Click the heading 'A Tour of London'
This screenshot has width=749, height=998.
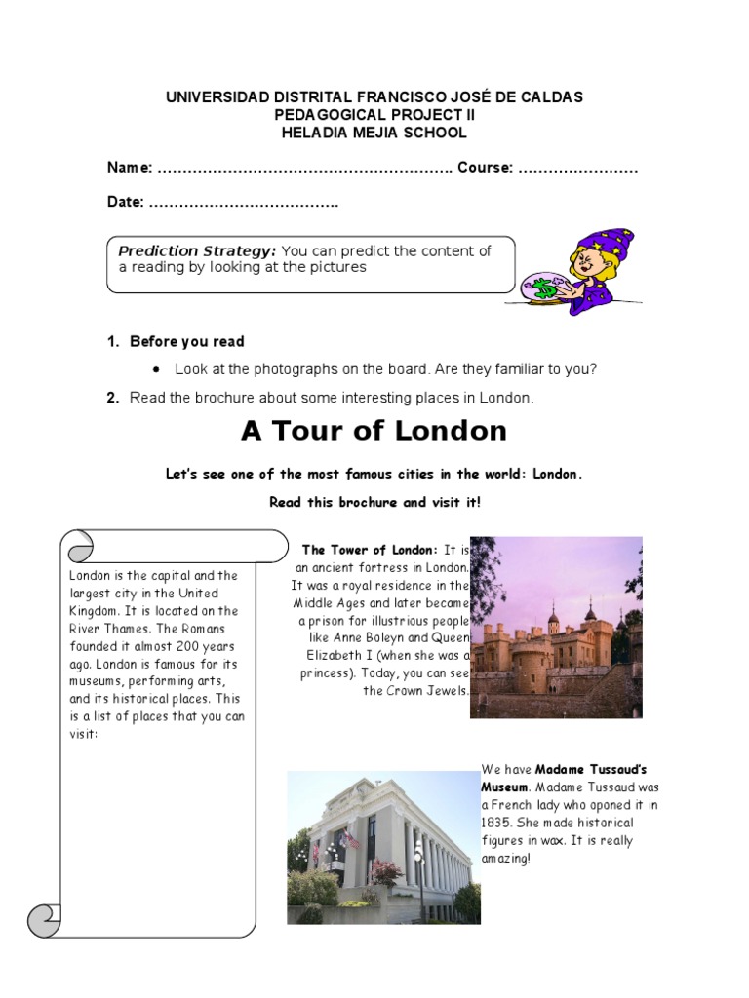click(374, 431)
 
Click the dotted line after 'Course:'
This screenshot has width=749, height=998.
click(577, 169)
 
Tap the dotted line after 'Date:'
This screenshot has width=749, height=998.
click(243, 203)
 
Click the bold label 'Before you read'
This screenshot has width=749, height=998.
click(187, 342)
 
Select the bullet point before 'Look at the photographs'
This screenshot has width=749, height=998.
click(155, 370)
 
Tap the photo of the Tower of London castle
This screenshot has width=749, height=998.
click(556, 627)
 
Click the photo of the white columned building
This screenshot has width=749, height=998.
click(383, 847)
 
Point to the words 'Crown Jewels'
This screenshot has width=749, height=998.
click(429, 691)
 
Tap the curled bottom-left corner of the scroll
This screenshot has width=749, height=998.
click(45, 919)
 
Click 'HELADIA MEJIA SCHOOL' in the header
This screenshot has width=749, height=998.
click(374, 133)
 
